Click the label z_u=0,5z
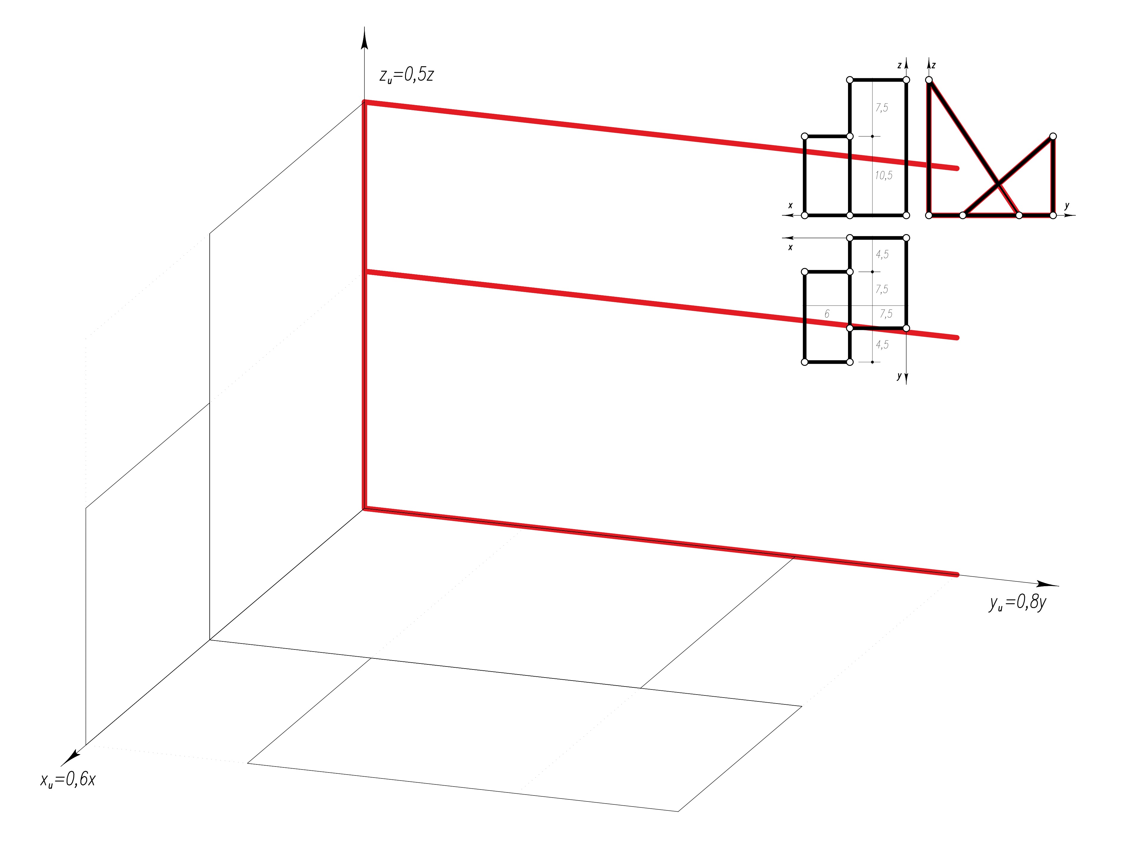407,76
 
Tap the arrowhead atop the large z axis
364,39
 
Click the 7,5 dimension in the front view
881,108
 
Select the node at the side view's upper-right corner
1053,136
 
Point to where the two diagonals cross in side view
998,184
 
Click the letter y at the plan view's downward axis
899,376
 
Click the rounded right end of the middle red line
957,338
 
